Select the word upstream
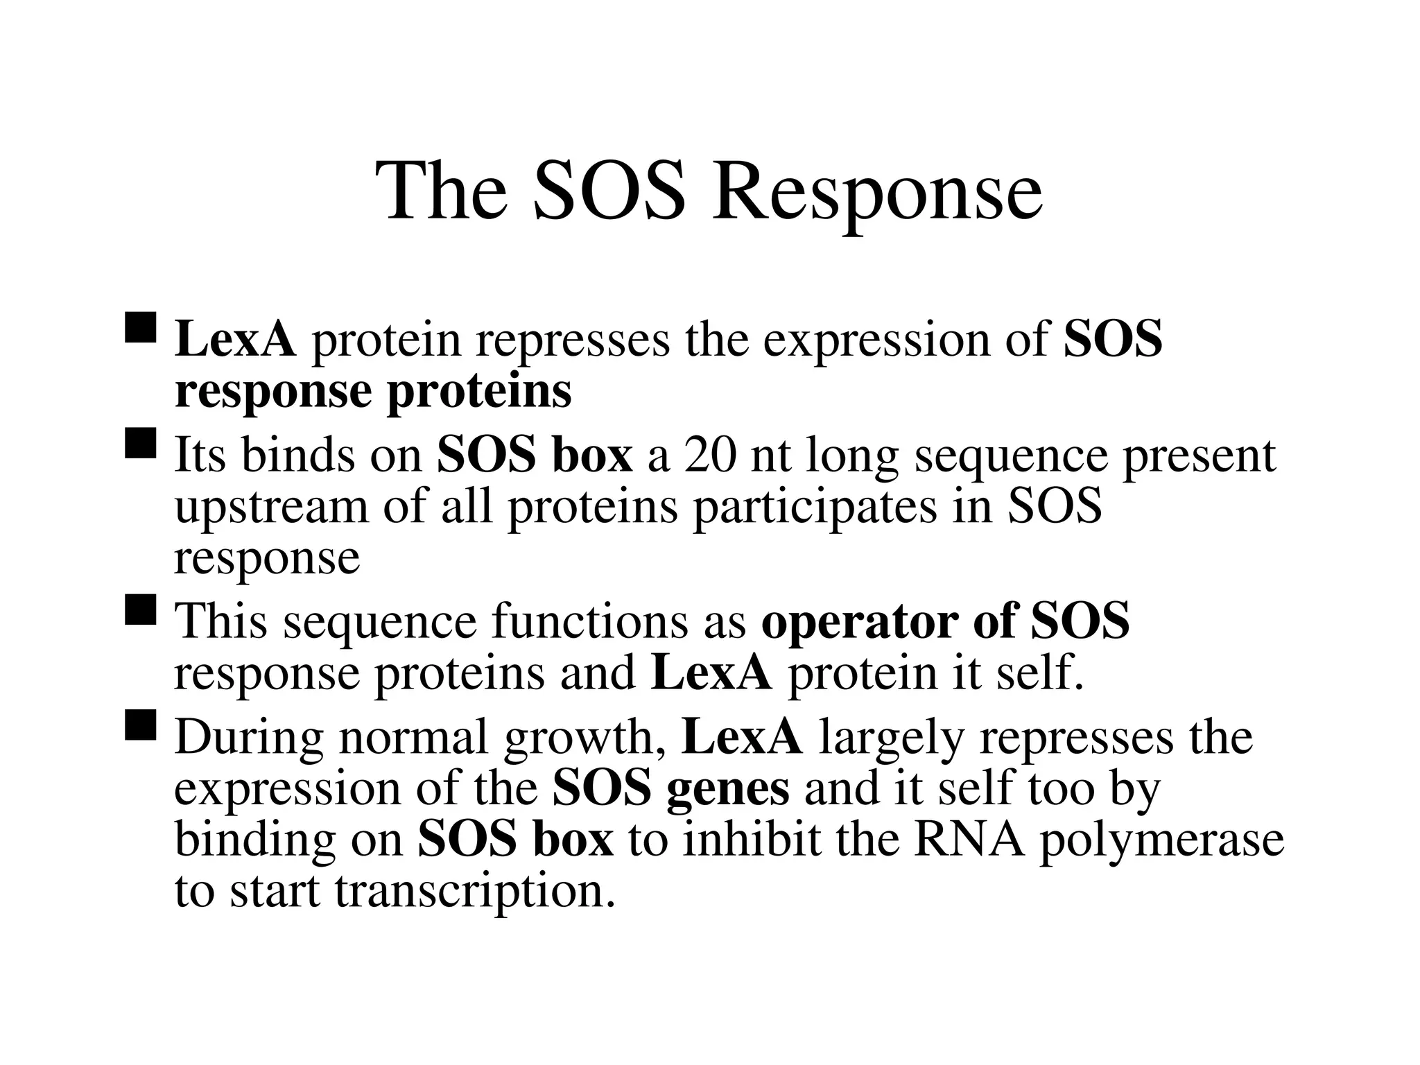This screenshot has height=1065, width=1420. (271, 509)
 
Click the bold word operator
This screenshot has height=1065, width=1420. (859, 621)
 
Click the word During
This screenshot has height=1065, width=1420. (249, 737)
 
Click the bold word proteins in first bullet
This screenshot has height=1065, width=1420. (479, 392)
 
